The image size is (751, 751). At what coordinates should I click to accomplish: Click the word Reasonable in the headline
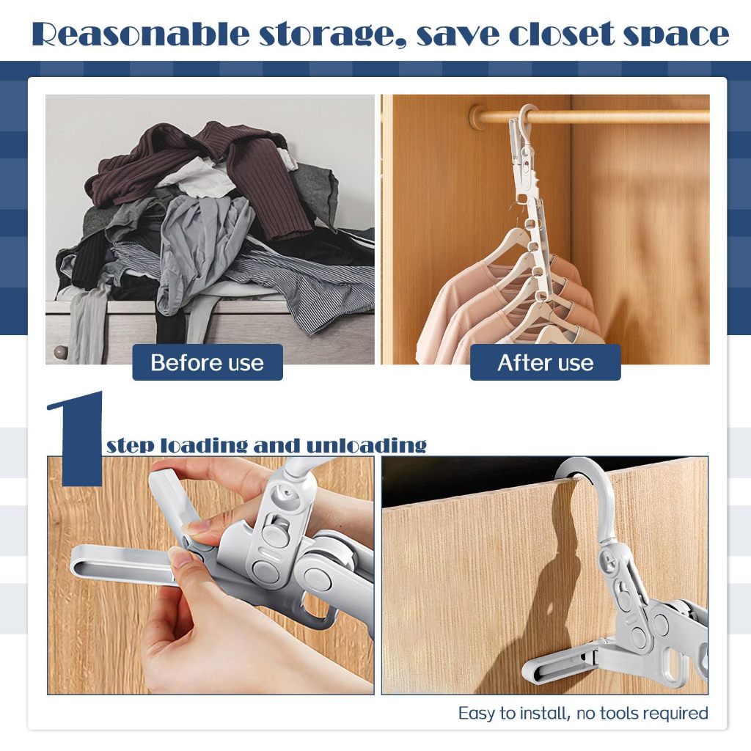(x=140, y=34)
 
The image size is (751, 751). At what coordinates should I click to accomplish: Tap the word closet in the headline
(x=561, y=34)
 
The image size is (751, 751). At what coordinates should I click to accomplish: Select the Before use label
(x=208, y=362)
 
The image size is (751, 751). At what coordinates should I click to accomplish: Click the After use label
(x=546, y=362)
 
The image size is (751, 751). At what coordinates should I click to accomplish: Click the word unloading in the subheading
(x=366, y=445)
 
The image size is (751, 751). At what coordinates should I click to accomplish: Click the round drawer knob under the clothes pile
(x=60, y=352)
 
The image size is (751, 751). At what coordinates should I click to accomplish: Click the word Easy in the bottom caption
(x=477, y=713)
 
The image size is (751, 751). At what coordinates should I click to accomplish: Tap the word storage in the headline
(x=333, y=35)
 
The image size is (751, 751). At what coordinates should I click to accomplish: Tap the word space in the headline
(x=676, y=35)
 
